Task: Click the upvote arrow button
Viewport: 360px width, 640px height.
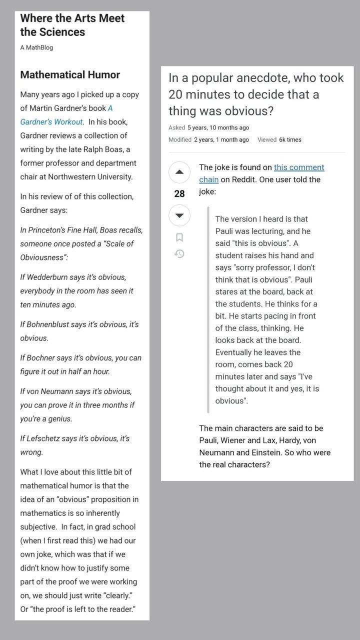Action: (x=179, y=172)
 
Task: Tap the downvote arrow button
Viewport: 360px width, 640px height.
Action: (x=179, y=215)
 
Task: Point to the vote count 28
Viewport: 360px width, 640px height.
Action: (x=179, y=194)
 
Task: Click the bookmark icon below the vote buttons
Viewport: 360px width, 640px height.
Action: (x=179, y=237)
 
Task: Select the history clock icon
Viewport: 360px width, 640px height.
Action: (x=179, y=254)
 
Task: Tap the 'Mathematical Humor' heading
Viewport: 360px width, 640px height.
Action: (x=70, y=75)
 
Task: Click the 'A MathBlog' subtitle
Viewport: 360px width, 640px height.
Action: (x=36, y=47)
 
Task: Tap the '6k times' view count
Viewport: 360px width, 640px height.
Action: (x=290, y=140)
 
